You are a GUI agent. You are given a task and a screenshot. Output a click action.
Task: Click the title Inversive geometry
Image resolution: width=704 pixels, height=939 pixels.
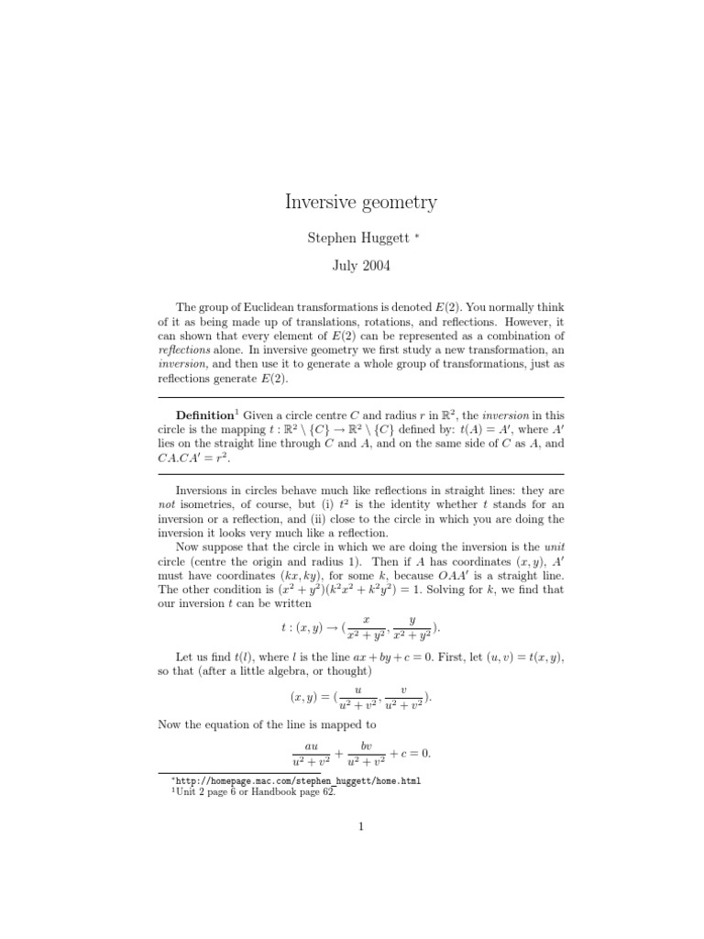coord(359,202)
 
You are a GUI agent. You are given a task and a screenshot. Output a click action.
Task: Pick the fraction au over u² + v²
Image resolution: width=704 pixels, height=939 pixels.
coord(311,754)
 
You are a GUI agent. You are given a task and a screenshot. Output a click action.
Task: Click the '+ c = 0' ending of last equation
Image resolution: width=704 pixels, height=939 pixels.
coord(410,754)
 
